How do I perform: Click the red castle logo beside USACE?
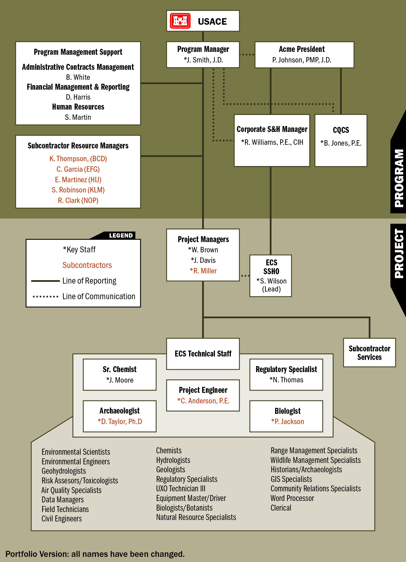180,21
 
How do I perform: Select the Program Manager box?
203,54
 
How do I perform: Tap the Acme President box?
304,54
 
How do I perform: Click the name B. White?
78,77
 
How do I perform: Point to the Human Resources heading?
78,107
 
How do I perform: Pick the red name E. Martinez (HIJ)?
78,180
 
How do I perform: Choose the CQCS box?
341,140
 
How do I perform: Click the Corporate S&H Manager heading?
272,129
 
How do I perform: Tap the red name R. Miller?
203,271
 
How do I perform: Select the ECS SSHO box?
271,276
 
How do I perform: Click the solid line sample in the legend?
45,281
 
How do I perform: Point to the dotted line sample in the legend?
45,297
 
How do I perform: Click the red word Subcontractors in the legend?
87,265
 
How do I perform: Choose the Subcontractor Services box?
369,353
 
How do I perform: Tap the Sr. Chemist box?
120,374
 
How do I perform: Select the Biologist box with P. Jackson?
286,416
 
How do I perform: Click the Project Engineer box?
203,395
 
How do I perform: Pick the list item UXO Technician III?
181,488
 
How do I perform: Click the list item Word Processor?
292,498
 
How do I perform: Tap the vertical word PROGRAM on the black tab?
399,178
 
